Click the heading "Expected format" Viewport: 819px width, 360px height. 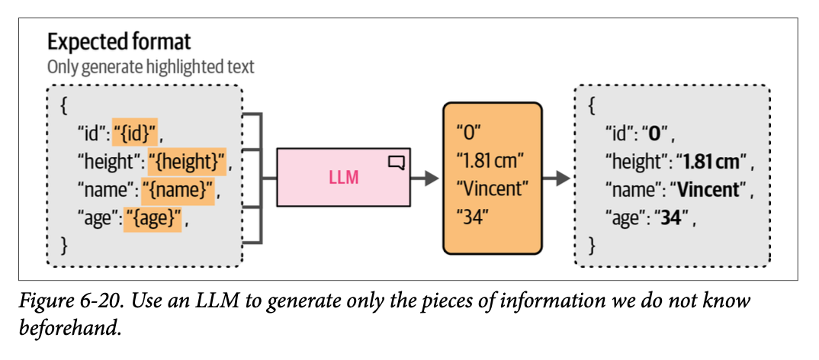(x=119, y=41)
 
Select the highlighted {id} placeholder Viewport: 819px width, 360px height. (x=135, y=135)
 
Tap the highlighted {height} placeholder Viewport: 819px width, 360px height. (x=187, y=162)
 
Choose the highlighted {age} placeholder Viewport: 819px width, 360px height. (x=156, y=220)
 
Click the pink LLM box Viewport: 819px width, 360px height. (x=343, y=178)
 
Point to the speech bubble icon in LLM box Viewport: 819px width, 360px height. (x=397, y=162)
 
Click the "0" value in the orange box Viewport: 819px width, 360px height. (x=467, y=133)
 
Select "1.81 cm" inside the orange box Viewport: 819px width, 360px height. (x=490, y=161)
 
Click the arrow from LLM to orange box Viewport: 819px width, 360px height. (x=426, y=178)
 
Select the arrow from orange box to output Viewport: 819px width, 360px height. (x=558, y=178)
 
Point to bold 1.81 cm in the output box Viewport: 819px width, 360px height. (x=711, y=162)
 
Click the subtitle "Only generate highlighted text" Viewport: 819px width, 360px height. (x=151, y=67)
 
